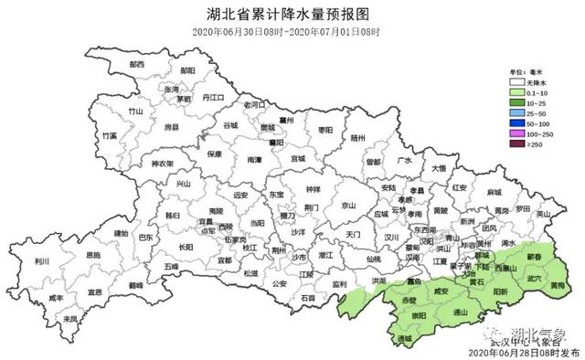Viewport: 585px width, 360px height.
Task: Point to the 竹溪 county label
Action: (111, 135)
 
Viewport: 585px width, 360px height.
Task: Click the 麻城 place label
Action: (495, 193)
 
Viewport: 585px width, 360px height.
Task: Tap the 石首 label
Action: (307, 299)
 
